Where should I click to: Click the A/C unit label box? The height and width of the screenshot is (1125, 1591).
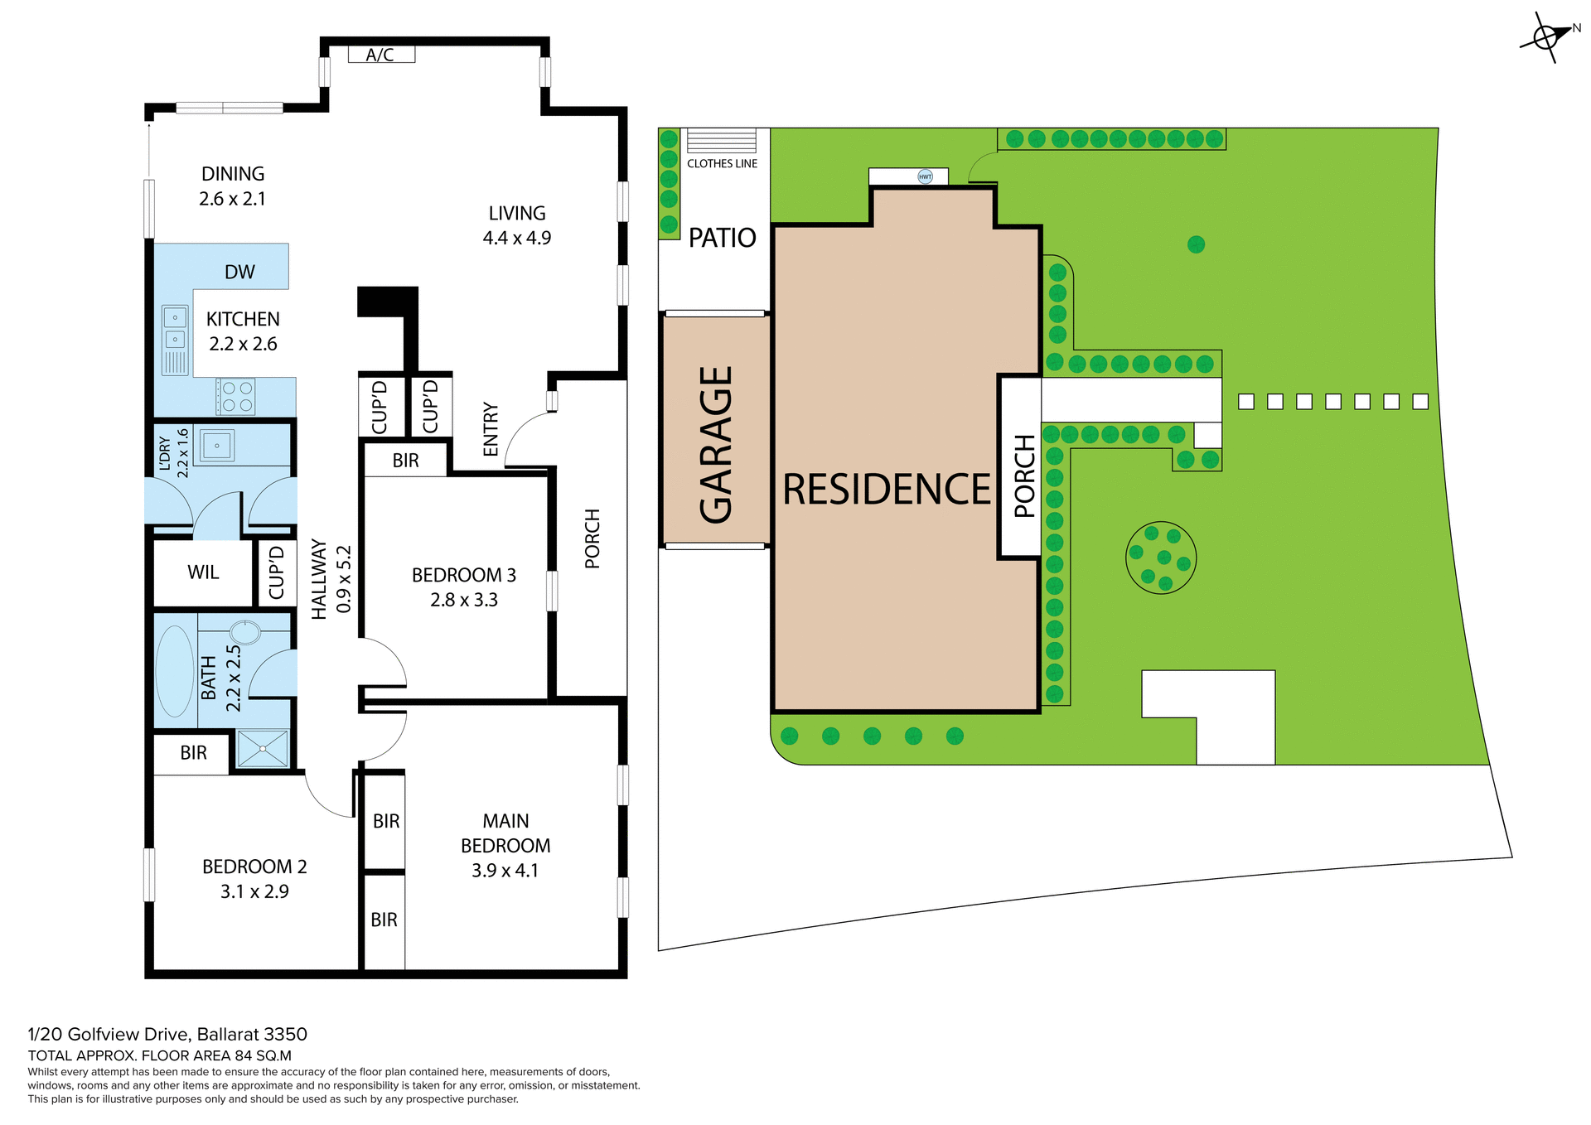[x=380, y=55]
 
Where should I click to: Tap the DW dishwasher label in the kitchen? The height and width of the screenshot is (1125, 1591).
[x=239, y=272]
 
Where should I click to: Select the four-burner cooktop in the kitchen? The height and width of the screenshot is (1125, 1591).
[x=236, y=397]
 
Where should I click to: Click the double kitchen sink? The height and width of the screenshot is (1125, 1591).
[x=175, y=328]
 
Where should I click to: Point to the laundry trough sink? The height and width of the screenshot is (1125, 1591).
[x=217, y=446]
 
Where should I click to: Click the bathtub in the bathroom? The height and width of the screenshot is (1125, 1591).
[x=174, y=671]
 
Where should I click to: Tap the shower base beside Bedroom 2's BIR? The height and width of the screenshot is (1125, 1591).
[x=263, y=748]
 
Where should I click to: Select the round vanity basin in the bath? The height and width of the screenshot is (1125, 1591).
[x=245, y=632]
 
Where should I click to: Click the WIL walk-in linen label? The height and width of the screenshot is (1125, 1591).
[x=203, y=572]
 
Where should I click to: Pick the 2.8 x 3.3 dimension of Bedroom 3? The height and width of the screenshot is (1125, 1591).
[x=463, y=600]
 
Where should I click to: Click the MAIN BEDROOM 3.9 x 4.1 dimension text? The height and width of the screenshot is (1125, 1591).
[x=505, y=871]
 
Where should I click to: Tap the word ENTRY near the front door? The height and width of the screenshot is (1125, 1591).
[x=491, y=429]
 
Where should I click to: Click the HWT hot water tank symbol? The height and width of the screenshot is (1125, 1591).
[x=925, y=176]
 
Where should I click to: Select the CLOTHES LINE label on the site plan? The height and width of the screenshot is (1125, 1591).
[x=722, y=164]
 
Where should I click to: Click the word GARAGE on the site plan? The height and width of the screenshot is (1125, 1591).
[x=716, y=445]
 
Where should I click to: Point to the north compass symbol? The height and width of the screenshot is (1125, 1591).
[x=1546, y=37]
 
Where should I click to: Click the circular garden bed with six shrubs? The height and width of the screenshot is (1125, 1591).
[x=1161, y=558]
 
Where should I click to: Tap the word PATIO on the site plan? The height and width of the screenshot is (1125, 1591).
[x=722, y=239]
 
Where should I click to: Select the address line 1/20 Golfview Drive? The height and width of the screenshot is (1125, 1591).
[x=167, y=1034]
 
